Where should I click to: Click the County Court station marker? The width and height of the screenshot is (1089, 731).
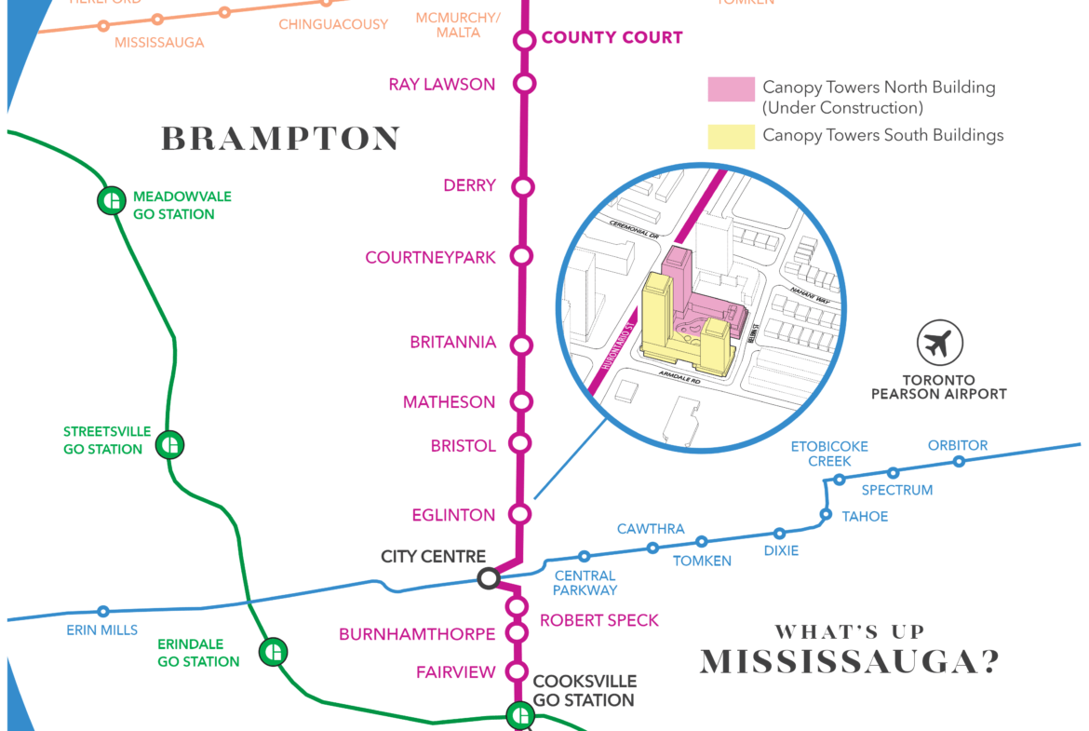pyautogui.click(x=525, y=40)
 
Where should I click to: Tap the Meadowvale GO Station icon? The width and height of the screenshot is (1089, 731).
pyautogui.click(x=112, y=200)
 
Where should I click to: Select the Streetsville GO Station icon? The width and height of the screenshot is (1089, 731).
pyautogui.click(x=169, y=445)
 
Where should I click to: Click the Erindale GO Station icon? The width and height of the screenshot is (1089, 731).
pyautogui.click(x=273, y=652)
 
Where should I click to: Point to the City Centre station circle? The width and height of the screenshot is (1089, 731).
pyautogui.click(x=488, y=578)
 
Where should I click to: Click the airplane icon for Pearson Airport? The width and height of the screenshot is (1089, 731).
pyautogui.click(x=939, y=344)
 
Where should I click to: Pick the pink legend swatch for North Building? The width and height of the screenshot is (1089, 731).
pyautogui.click(x=731, y=90)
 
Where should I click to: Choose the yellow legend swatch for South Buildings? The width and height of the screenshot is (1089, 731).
pyautogui.click(x=731, y=136)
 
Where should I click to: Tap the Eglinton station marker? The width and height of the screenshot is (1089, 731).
pyautogui.click(x=520, y=514)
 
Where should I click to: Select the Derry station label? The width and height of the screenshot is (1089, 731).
pyautogui.click(x=469, y=186)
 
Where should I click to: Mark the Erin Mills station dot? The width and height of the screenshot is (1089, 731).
pyautogui.click(x=103, y=612)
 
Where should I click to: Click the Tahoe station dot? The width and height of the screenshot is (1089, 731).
pyautogui.click(x=826, y=514)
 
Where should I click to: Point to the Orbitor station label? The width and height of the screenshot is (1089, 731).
pyautogui.click(x=958, y=445)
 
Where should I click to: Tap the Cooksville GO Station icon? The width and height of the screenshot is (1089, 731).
pyautogui.click(x=519, y=715)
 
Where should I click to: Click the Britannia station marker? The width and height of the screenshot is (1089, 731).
pyautogui.click(x=521, y=345)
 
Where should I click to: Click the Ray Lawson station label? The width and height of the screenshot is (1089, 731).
pyautogui.click(x=441, y=85)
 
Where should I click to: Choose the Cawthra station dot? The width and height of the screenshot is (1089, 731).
pyautogui.click(x=652, y=548)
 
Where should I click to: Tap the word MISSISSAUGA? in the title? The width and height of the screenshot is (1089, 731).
pyautogui.click(x=850, y=661)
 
